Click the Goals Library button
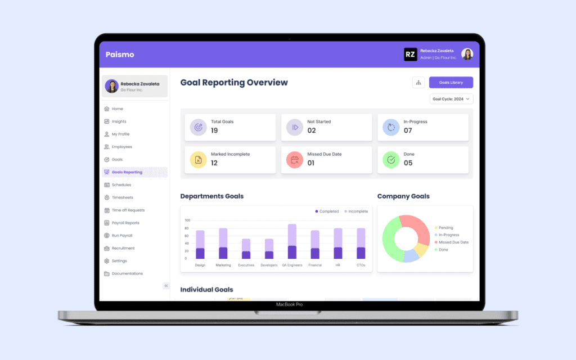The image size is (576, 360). pyautogui.click(x=451, y=83)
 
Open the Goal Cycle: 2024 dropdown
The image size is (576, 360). pyautogui.click(x=451, y=99)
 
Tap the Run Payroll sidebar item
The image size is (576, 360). pyautogui.click(x=121, y=236)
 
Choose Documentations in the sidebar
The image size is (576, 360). pyautogui.click(x=127, y=273)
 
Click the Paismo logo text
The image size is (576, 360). pyautogui.click(x=120, y=55)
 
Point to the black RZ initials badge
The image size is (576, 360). pyautogui.click(x=411, y=55)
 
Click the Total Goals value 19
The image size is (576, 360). pyautogui.click(x=214, y=130)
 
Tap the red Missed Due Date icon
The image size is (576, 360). pyautogui.click(x=294, y=160)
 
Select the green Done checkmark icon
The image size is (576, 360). pyautogui.click(x=391, y=160)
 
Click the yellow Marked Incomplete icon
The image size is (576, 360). pyautogui.click(x=198, y=160)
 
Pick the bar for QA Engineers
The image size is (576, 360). pyautogui.click(x=292, y=241)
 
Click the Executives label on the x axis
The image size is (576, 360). pyautogui.click(x=246, y=265)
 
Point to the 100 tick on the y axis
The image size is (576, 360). pyautogui.click(x=187, y=220)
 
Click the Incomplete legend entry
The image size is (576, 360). pyautogui.click(x=356, y=211)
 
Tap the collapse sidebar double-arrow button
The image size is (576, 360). pyautogui.click(x=166, y=286)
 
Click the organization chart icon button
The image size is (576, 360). pyautogui.click(x=418, y=83)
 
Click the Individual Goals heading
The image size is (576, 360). pyautogui.click(x=206, y=290)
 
